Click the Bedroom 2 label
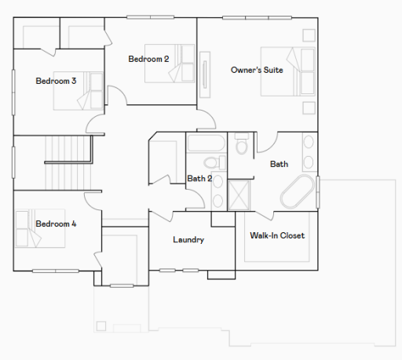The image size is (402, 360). [149, 59]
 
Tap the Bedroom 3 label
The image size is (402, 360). [56, 81]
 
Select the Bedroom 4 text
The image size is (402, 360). [56, 224]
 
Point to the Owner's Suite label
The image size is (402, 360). [257, 70]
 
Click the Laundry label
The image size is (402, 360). [188, 239]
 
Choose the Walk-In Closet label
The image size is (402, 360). [276, 235]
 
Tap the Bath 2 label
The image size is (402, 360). [199, 178]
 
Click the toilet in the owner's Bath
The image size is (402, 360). [242, 146]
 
